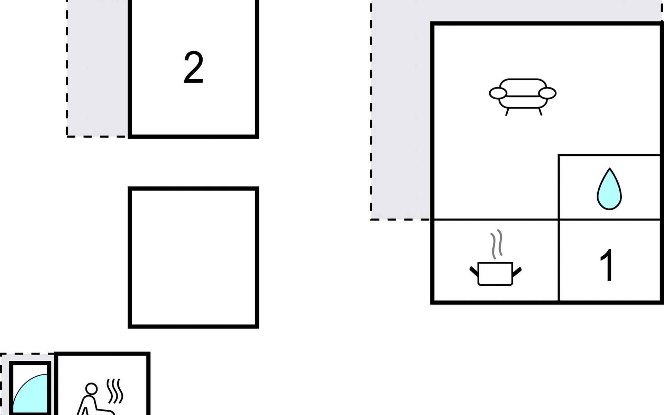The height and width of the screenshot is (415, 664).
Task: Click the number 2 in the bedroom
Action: pyautogui.click(x=193, y=67)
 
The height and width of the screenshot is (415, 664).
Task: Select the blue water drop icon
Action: pyautogui.click(x=609, y=189)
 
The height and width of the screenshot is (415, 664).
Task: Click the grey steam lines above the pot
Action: pyautogui.click(x=496, y=244)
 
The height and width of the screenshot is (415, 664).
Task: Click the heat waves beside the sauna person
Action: pyautogui.click(x=114, y=391)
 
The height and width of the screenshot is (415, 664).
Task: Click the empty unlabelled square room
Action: pyautogui.click(x=193, y=258)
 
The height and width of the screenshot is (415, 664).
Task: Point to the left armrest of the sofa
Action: pyautogui.click(x=498, y=93)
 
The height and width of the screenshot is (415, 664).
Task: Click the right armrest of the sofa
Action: pyautogui.click(x=547, y=93)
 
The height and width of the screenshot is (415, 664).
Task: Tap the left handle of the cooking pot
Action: pyautogui.click(x=474, y=271)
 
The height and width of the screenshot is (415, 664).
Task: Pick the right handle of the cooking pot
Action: pyautogui.click(x=517, y=271)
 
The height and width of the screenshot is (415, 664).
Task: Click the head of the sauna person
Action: pyautogui.click(x=91, y=388)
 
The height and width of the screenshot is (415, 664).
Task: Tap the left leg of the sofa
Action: pyautogui.click(x=507, y=112)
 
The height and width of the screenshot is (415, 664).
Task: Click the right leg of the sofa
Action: pyautogui.click(x=540, y=112)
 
